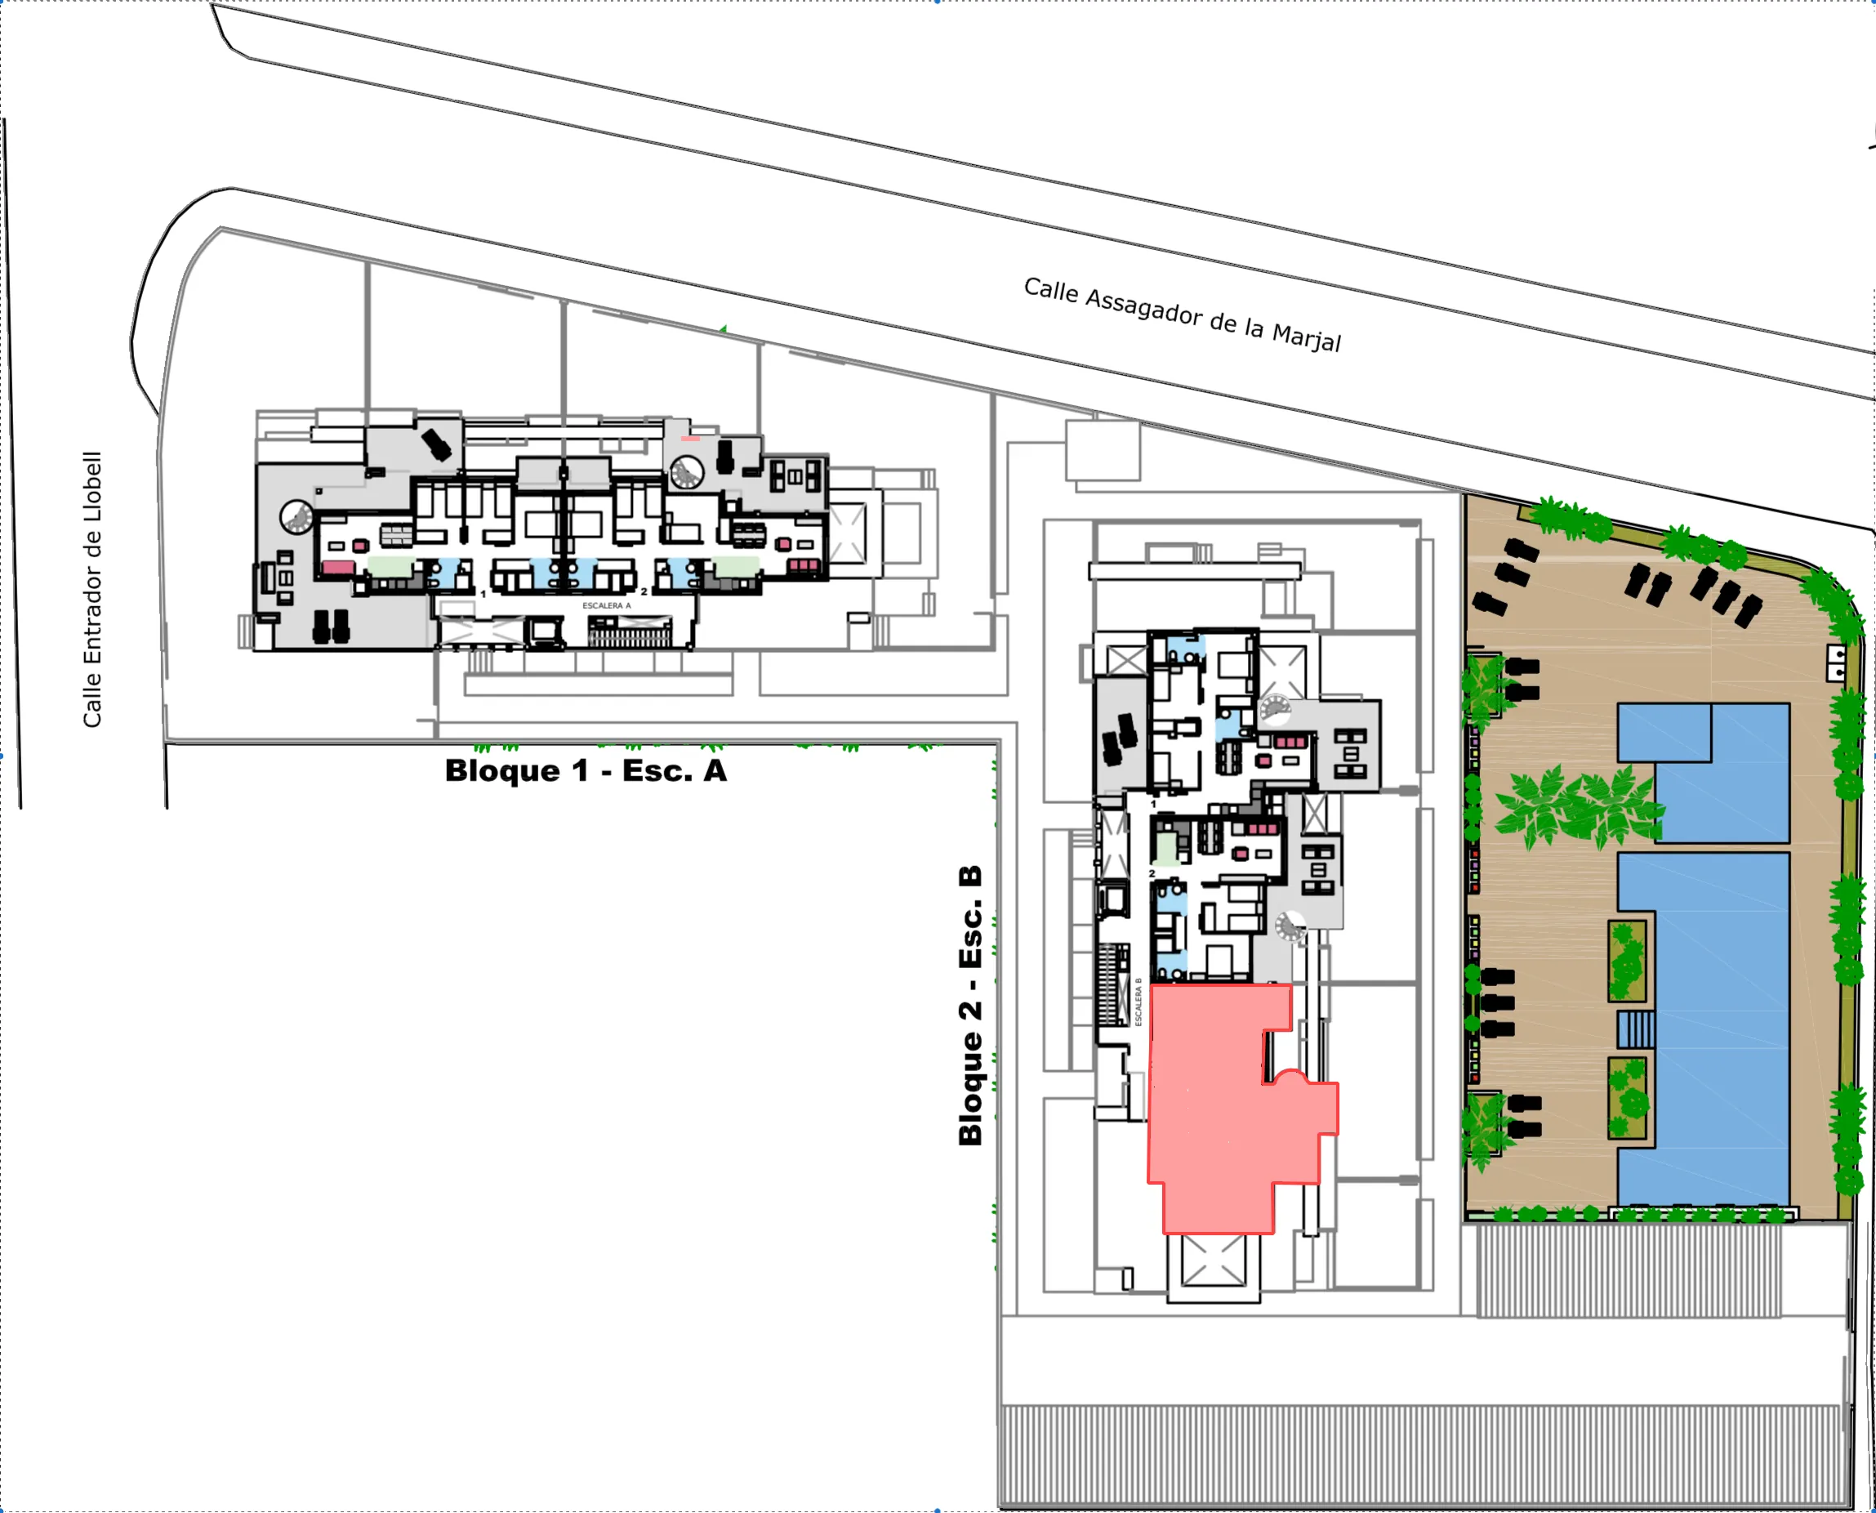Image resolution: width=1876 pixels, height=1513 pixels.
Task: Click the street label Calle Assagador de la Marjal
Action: [1183, 315]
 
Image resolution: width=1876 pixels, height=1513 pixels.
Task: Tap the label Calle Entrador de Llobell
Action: [92, 589]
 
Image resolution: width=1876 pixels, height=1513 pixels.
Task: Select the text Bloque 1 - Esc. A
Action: [586, 770]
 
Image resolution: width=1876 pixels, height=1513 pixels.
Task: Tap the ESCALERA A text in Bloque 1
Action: [607, 605]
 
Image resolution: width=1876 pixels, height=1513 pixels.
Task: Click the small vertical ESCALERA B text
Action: [1138, 1002]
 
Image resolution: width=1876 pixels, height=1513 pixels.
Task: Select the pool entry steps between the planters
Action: [1636, 1030]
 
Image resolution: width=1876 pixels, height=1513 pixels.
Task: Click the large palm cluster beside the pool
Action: [1577, 806]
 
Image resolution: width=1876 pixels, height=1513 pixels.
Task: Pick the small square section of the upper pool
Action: [1664, 733]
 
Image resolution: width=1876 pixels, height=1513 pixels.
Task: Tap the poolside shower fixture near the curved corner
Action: [1836, 663]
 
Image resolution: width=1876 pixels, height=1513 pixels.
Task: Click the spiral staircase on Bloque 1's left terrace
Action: [297, 517]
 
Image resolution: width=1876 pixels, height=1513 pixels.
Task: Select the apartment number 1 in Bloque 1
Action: [483, 594]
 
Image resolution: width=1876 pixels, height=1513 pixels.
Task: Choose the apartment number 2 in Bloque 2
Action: [1152, 873]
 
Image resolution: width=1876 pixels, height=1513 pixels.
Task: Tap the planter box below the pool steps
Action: [1627, 1098]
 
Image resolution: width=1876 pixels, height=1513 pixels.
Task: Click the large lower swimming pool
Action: [1704, 1029]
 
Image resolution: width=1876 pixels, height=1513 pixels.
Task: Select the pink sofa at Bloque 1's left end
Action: [338, 567]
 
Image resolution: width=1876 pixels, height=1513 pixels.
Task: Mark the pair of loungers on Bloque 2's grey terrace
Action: [1119, 739]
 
